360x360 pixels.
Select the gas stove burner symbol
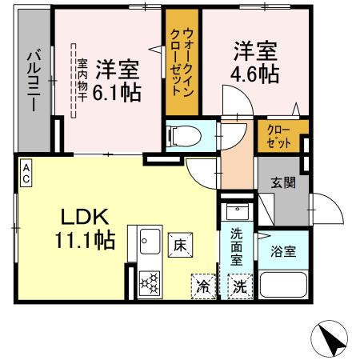tap(150, 283)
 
